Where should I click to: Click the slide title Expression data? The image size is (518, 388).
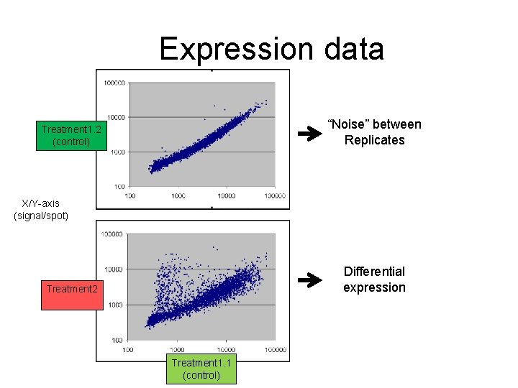tap(271, 49)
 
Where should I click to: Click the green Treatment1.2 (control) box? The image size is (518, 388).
tap(71, 135)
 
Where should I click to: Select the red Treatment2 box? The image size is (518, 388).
tap(71, 289)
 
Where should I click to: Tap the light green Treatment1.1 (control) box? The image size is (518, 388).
tap(201, 369)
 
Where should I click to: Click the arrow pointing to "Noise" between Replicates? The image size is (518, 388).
tap(311, 133)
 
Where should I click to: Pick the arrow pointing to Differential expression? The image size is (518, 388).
tap(311, 280)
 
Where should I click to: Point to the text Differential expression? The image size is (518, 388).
tap(373, 280)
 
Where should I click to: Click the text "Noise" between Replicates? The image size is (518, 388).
tap(374, 132)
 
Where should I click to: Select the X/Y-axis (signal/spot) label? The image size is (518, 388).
tap(41, 210)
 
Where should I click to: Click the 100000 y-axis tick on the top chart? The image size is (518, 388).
tap(114, 83)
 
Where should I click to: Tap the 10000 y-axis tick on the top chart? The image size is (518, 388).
tap(117, 117)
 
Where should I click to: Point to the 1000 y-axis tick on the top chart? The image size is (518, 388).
tap(118, 152)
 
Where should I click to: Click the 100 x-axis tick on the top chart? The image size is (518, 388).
tap(130, 195)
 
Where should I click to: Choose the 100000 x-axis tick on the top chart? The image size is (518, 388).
tap(274, 195)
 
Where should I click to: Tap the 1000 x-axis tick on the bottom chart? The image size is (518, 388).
tap(177, 350)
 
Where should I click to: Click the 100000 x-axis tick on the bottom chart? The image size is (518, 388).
tap(276, 350)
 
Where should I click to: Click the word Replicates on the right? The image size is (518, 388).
tap(374, 140)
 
